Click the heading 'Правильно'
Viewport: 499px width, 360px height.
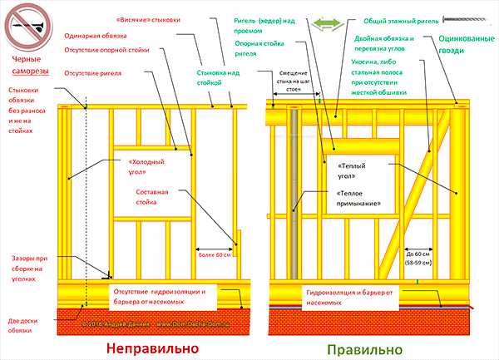(x=363, y=348)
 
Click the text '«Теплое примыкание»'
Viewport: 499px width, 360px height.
(x=355, y=198)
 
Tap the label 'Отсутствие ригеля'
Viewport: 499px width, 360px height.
(x=92, y=74)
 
